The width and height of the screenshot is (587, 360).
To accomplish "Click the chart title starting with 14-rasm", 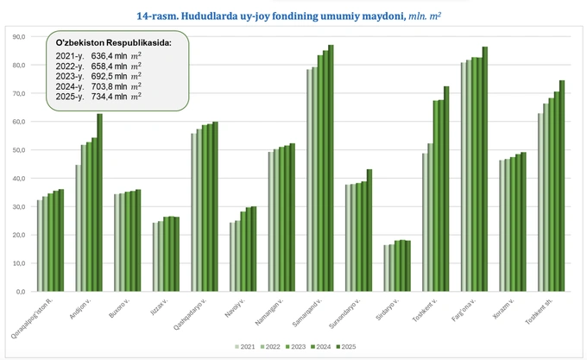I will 294,15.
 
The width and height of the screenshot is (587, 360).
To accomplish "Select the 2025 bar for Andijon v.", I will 99,203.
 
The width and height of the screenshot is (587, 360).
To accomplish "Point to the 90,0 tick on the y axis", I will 16,37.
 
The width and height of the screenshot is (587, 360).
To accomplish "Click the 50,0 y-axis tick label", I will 16,150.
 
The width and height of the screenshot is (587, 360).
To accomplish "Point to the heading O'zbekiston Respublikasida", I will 112,42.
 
